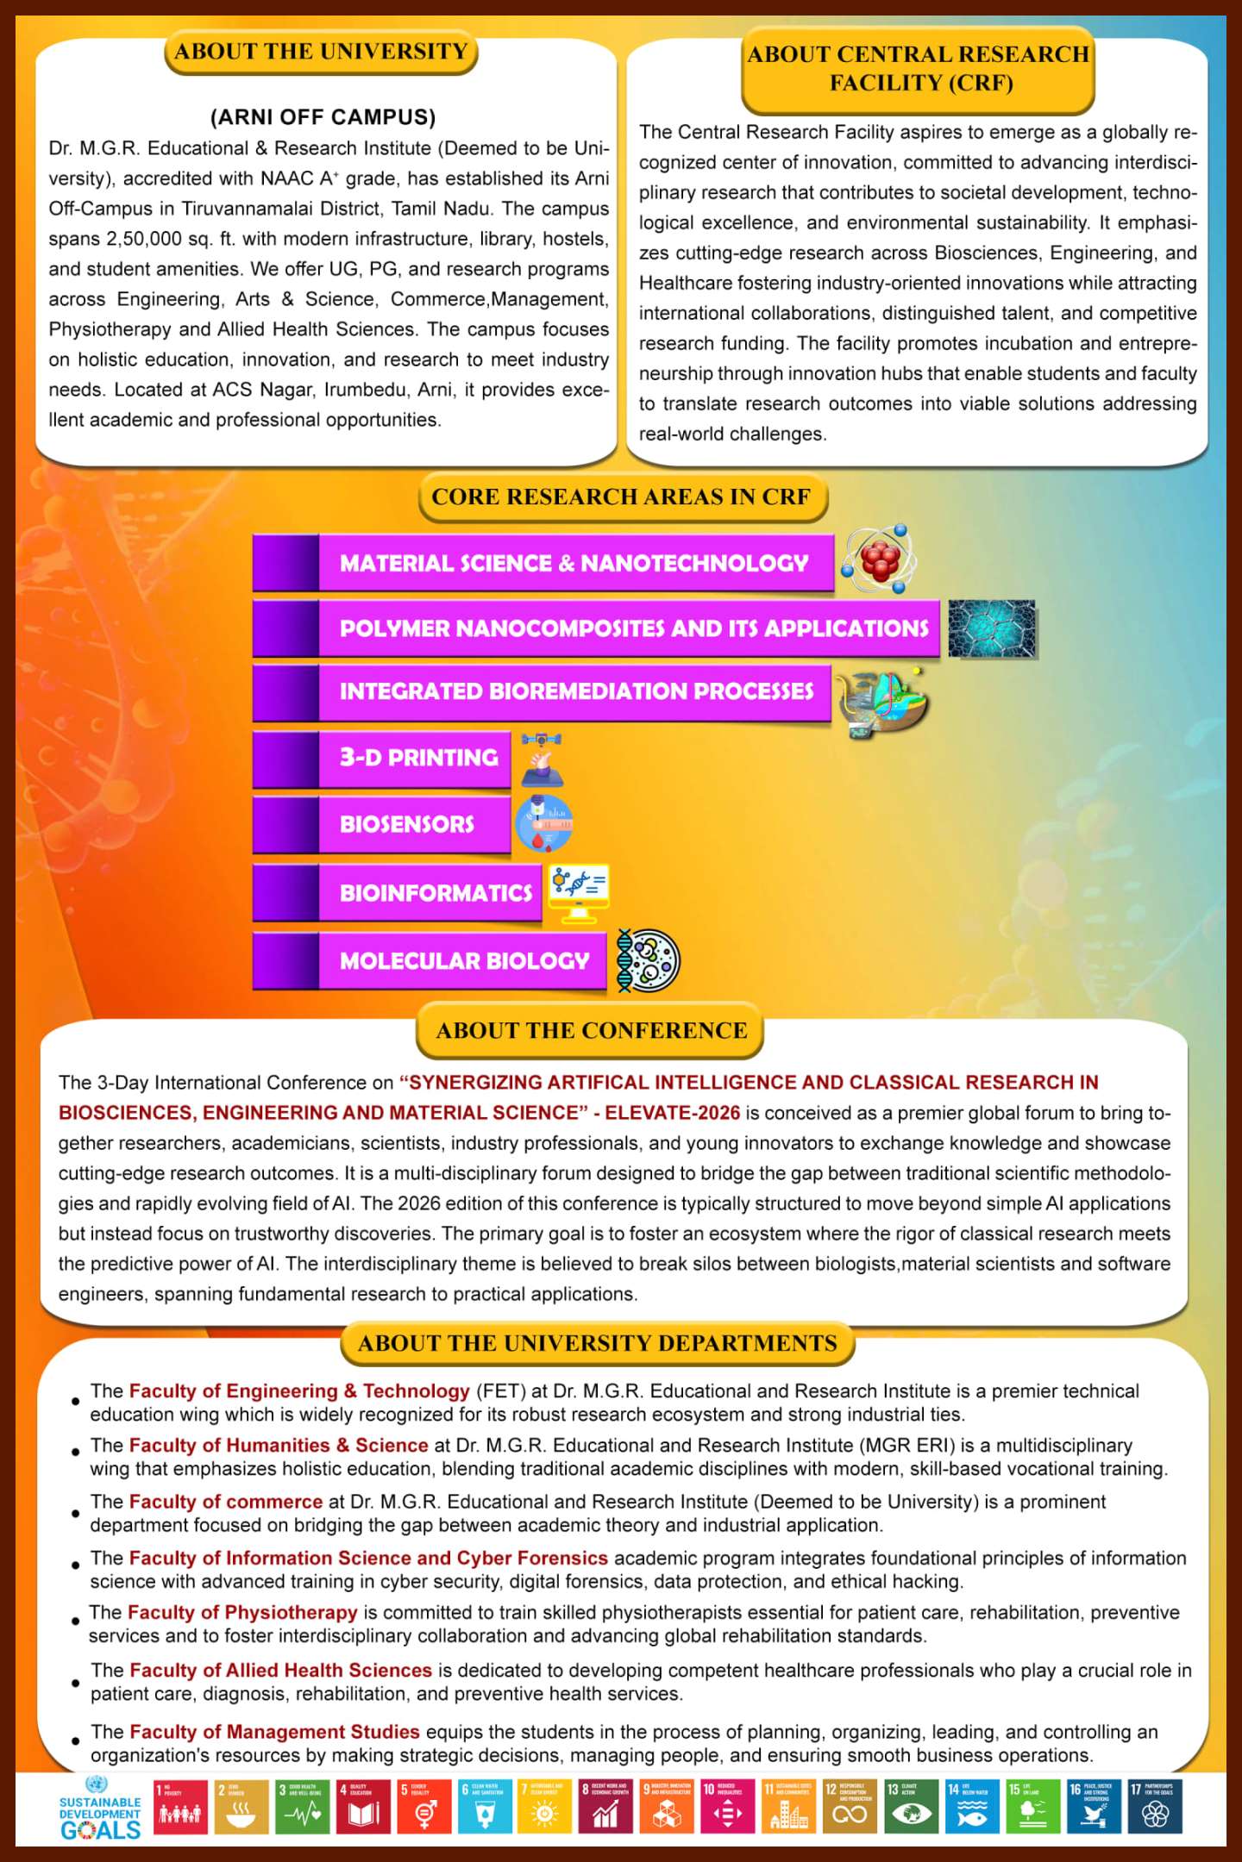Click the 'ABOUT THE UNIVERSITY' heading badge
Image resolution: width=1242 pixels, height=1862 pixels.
[321, 52]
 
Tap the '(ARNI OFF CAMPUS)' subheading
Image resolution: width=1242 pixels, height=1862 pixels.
[323, 117]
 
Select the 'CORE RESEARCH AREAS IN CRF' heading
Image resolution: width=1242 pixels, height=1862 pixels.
[621, 497]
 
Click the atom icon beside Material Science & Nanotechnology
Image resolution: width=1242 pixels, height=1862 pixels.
[879, 559]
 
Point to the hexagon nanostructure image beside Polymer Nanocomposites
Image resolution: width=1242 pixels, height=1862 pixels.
[992, 628]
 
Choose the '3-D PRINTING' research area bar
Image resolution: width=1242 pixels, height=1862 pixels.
[417, 758]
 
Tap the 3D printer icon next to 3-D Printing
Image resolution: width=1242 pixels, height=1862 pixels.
[542, 759]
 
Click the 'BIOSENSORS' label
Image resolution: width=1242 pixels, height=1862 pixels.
[406, 824]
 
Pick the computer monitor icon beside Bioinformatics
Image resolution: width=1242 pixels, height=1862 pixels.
[579, 891]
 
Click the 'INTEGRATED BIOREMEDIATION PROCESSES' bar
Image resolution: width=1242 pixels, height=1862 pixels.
[575, 691]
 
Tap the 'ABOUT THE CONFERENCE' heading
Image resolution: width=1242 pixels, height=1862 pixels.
[591, 1030]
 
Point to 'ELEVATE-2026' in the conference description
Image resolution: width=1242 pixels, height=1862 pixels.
[672, 1113]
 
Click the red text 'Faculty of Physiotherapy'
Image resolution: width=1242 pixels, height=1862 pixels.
[242, 1613]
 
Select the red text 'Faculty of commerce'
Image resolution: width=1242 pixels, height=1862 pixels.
[226, 1502]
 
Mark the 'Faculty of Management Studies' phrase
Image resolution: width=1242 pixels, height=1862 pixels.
[274, 1732]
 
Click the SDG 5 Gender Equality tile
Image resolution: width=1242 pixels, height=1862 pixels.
[424, 1806]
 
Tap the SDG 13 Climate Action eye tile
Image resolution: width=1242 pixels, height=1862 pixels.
[911, 1806]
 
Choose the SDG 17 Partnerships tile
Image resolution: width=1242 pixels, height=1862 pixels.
[1155, 1806]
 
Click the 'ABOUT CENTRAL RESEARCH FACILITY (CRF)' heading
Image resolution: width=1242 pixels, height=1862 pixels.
[918, 69]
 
